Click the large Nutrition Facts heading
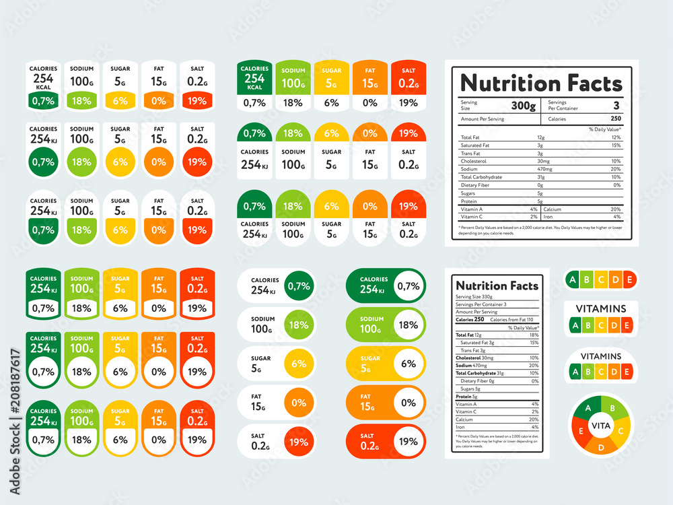pyautogui.click(x=541, y=83)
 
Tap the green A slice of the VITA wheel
pyautogui.click(x=588, y=408)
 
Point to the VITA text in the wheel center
pyautogui.click(x=600, y=426)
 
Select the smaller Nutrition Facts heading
pyautogui.click(x=497, y=285)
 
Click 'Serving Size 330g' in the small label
pyautogui.click(x=474, y=297)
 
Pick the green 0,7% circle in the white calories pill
pyautogui.click(x=299, y=285)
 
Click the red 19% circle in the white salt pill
pyautogui.click(x=299, y=442)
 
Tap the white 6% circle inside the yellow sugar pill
pyautogui.click(x=409, y=364)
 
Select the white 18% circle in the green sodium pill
pyautogui.click(x=409, y=325)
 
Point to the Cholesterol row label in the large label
pyautogui.click(x=474, y=161)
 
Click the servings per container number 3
pyautogui.click(x=616, y=106)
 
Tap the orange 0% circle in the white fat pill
pyautogui.click(x=299, y=403)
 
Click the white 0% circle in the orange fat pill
pyautogui.click(x=409, y=403)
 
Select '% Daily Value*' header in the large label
pyautogui.click(x=604, y=129)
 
